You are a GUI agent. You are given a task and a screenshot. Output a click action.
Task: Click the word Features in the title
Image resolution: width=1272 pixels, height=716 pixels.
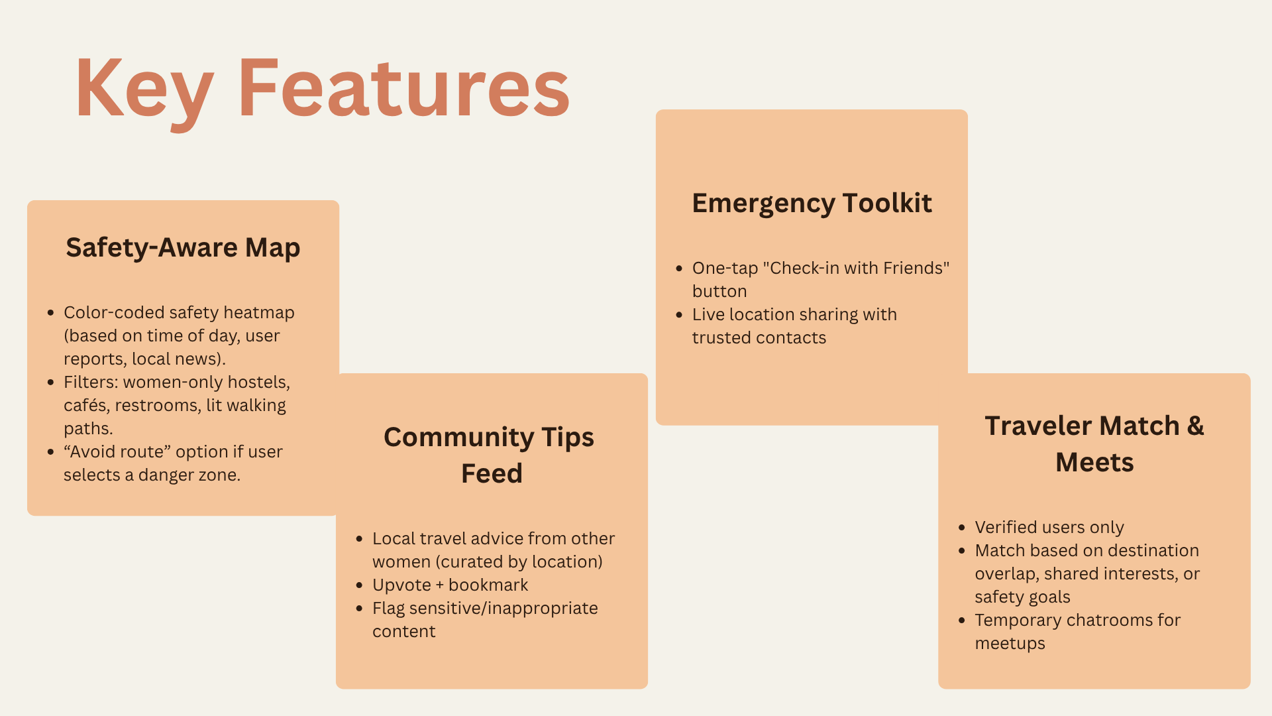point(404,88)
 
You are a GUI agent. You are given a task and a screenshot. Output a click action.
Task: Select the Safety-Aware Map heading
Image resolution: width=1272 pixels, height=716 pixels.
point(183,248)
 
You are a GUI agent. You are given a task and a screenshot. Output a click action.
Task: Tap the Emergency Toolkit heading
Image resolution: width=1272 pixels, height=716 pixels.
point(812,204)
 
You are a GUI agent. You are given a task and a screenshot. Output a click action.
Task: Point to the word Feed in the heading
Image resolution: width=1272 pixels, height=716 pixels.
point(492,473)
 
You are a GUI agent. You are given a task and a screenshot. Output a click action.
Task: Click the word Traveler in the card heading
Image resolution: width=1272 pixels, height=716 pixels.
point(1039,426)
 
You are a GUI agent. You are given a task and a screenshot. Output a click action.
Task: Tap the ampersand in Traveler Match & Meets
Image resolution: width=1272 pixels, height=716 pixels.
point(1196,426)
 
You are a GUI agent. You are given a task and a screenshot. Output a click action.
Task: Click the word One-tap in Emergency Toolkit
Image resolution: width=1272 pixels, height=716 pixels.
point(725,268)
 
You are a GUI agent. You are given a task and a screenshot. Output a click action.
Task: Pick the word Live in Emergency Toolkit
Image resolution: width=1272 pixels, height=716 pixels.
point(708,314)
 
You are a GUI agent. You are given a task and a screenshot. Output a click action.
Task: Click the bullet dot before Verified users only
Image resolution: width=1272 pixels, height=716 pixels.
point(962,528)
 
